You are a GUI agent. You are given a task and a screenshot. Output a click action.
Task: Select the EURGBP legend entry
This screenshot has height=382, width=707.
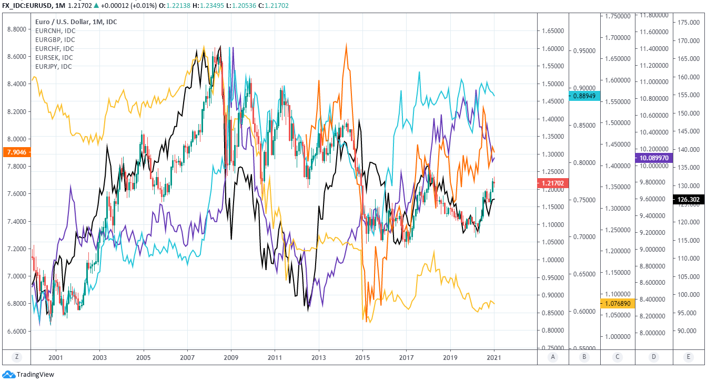click(x=55, y=40)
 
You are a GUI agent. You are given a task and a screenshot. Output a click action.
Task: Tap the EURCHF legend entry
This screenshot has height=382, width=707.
click(x=55, y=49)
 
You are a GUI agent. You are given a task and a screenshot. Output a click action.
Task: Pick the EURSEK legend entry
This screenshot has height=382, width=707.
click(x=54, y=58)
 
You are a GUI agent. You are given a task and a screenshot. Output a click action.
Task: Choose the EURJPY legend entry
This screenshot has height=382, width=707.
click(x=53, y=67)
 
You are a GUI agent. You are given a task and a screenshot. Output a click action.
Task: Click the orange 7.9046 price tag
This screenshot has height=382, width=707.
click(x=16, y=152)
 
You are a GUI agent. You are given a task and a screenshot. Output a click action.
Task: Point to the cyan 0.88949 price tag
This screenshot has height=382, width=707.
click(x=584, y=96)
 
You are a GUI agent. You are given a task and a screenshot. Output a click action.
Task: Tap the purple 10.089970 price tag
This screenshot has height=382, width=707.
click(x=654, y=157)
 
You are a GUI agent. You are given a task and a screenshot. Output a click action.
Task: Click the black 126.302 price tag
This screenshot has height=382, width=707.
click(x=689, y=199)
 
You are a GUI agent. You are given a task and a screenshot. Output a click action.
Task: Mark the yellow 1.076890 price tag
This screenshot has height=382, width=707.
click(x=618, y=303)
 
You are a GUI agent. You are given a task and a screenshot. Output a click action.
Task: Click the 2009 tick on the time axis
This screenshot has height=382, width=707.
click(x=231, y=357)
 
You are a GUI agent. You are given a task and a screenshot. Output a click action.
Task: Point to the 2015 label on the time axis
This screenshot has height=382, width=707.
click(x=362, y=357)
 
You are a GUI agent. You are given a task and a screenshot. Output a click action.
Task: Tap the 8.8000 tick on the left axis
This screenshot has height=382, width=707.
click(x=17, y=29)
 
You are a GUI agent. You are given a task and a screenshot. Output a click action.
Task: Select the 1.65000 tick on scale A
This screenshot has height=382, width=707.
click(x=553, y=32)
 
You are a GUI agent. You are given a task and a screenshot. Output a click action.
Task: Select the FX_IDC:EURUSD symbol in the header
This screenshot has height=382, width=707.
click(x=27, y=5)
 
